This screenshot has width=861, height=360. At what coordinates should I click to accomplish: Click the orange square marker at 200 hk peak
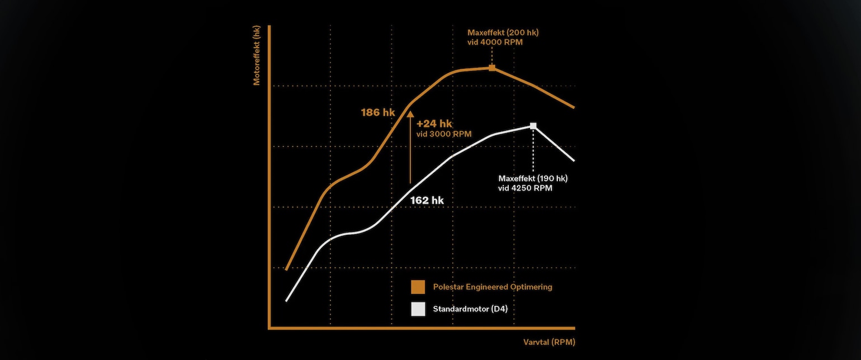point(492,68)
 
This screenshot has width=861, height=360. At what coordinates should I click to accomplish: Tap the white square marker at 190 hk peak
point(533,126)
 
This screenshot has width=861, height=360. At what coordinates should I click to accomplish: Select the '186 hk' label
point(378,112)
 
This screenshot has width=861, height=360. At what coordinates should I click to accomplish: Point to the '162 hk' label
point(427,200)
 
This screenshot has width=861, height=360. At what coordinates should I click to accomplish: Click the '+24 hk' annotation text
point(434,124)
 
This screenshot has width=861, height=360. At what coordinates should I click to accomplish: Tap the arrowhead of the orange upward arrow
point(410,115)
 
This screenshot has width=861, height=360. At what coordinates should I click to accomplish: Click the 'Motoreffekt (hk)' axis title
point(257,55)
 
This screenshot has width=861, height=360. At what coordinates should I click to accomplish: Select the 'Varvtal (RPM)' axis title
point(549,342)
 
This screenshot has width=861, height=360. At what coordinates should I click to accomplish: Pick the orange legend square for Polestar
point(418,287)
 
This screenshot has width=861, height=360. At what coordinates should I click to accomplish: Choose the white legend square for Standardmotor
point(418,309)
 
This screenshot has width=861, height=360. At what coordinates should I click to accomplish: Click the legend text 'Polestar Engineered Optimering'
point(493,287)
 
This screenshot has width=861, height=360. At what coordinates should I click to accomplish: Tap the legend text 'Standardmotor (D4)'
point(470,309)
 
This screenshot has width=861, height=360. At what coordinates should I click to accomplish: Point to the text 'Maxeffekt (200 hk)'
point(503,32)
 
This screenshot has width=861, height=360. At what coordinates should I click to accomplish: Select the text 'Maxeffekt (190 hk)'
point(533,178)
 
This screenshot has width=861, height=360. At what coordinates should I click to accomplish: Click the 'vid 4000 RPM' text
point(495,42)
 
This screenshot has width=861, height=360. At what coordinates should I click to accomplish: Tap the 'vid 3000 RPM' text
point(444,134)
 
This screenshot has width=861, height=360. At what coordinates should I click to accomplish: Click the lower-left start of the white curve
point(287,301)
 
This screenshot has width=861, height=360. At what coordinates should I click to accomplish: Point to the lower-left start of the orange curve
point(286,269)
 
